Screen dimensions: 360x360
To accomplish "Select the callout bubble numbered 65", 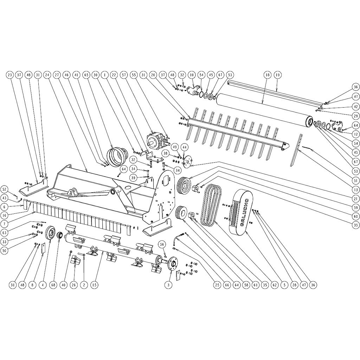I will pos(86,75).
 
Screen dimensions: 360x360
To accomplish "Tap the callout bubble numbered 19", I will pos(277,75).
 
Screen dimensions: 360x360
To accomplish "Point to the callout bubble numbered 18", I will pos(267,75).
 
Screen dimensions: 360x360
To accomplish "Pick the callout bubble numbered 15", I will pos(94,285).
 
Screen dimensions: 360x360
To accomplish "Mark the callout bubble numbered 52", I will pos(5,189).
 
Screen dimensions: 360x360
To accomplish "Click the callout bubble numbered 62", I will pos(274,285).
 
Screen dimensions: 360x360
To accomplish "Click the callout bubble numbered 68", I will pos(53,285).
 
